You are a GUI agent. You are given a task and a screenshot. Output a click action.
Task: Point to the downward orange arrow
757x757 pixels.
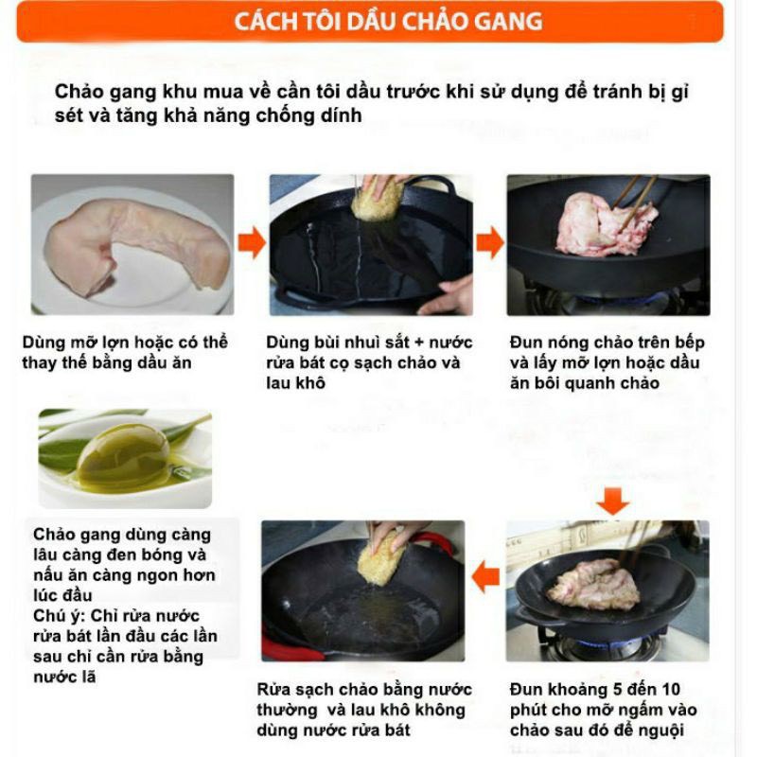coord(612,501)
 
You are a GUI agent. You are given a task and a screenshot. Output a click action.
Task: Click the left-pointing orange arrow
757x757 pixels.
coord(485,577)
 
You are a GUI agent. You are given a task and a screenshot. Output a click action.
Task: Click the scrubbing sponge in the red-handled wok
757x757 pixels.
coord(381,560)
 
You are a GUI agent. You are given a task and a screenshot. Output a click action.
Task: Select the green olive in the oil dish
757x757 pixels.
coord(123,456)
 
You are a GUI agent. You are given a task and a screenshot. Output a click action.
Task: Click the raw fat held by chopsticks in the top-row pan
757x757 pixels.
coord(605,224)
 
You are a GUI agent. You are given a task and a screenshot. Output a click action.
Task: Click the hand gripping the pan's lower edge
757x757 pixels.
coord(447,294)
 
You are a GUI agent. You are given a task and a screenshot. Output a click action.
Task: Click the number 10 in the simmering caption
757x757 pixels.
coord(670,690)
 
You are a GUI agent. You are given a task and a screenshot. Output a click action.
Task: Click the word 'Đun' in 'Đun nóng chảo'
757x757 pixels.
coord(526,343)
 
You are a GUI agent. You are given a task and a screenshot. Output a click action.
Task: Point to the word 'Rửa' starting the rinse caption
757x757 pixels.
coord(273,690)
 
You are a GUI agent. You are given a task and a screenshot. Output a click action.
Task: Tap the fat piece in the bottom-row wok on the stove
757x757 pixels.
coord(593,584)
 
